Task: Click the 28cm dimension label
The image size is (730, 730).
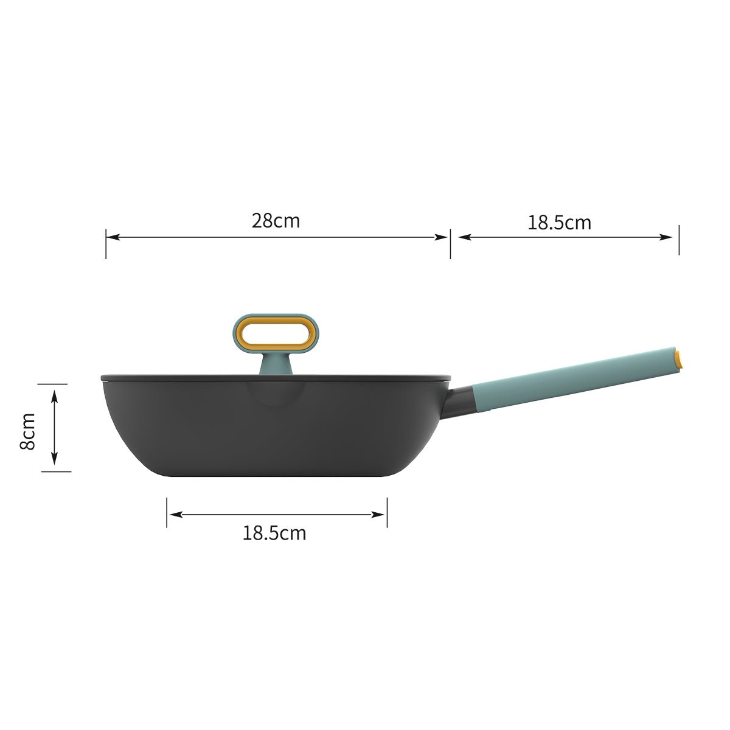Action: point(276,220)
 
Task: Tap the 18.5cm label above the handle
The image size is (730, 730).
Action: point(559,223)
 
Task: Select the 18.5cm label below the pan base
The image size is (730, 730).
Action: point(274,534)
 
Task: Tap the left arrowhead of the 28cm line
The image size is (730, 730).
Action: point(111,237)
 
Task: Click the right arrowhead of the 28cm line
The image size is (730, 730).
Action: point(443,237)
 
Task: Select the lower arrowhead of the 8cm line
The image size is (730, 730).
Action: point(54,461)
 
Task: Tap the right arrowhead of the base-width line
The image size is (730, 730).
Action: point(381,515)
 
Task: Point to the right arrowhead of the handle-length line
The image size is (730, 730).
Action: point(672,237)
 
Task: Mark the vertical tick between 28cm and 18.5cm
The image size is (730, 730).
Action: point(450,243)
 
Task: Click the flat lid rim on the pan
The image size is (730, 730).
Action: point(182,377)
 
